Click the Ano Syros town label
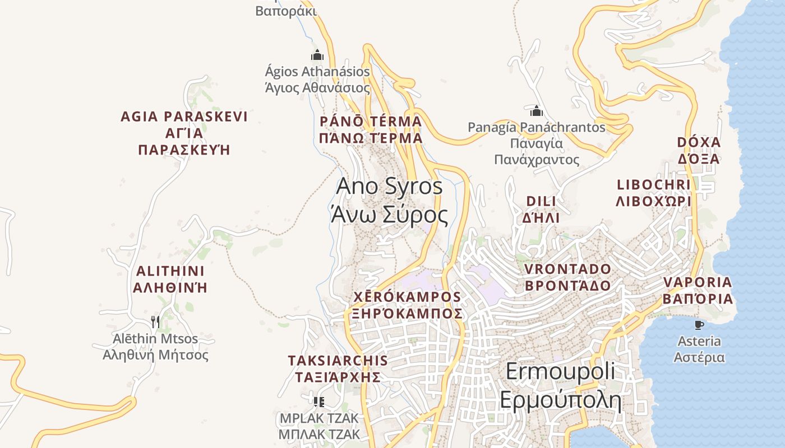(x=389, y=200)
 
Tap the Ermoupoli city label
(x=560, y=385)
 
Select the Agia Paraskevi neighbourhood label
(x=184, y=133)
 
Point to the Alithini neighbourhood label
(x=172, y=279)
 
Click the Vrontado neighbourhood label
(x=567, y=277)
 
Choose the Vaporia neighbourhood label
(x=698, y=290)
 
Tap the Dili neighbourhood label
(x=541, y=209)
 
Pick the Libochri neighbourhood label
(x=653, y=193)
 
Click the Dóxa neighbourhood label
(x=699, y=150)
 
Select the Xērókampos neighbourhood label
(x=407, y=305)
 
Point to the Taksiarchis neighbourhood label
(x=338, y=368)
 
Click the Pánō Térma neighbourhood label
(x=371, y=129)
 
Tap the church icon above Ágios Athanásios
(x=317, y=55)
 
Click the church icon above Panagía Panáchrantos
(x=537, y=110)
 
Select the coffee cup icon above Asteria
(x=699, y=325)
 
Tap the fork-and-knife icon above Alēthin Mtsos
(x=155, y=321)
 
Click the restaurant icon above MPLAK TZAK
(x=319, y=402)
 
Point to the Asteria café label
(x=699, y=349)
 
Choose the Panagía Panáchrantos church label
(x=537, y=143)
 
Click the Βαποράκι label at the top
(x=286, y=11)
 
